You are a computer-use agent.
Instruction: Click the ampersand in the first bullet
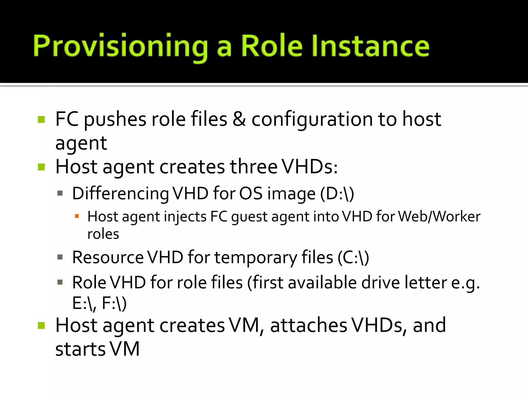point(239,119)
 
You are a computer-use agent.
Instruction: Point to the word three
point(253,167)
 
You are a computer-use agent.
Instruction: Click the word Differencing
point(120,193)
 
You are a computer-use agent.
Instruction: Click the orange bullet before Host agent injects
point(77,216)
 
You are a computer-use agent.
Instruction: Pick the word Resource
point(108,257)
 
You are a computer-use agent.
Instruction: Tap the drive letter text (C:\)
point(353,257)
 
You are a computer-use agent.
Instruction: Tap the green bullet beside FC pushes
point(41,120)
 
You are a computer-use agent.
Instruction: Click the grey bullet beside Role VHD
point(60,282)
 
